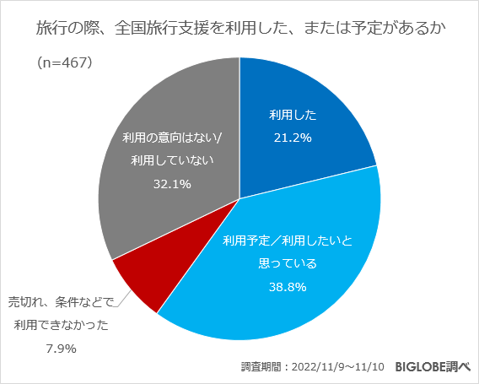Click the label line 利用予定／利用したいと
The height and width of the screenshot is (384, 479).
point(287,241)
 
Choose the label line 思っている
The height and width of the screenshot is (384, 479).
point(287,263)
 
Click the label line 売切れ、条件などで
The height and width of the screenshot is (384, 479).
point(60,301)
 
